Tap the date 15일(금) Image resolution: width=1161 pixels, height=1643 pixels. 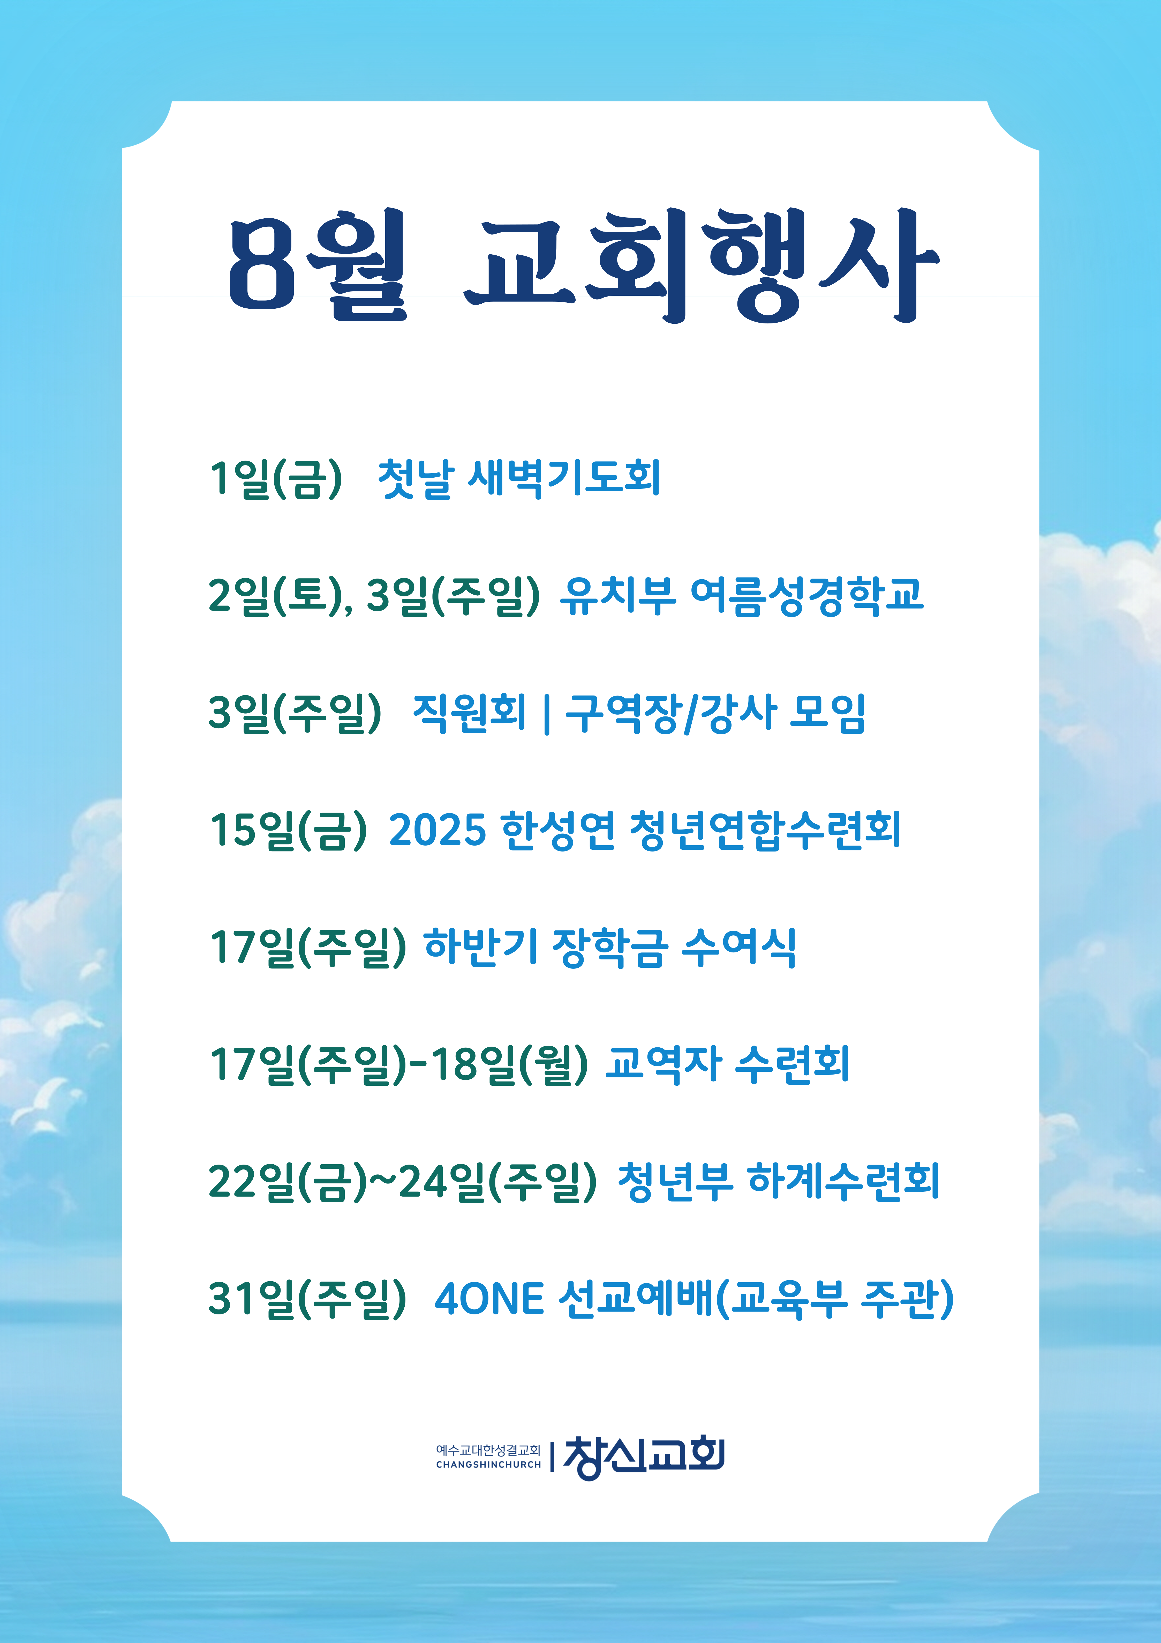(x=288, y=830)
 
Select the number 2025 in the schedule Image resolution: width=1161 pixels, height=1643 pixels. (x=437, y=830)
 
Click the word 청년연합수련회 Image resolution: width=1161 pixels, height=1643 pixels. (x=765, y=830)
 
